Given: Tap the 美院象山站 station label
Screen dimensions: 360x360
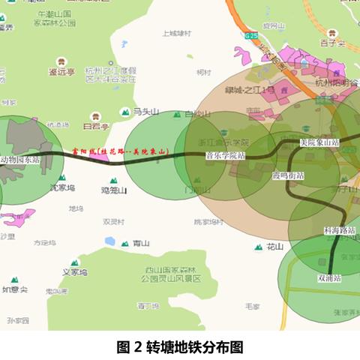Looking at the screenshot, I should (319, 142).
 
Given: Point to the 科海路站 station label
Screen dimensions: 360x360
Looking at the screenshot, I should (340, 230).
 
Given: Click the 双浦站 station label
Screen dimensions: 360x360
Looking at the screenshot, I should (329, 277).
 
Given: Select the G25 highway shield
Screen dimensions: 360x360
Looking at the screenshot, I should (250, 34).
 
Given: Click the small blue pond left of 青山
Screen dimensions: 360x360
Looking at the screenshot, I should (110, 241).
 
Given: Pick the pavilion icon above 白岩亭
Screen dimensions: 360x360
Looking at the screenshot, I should (95, 116).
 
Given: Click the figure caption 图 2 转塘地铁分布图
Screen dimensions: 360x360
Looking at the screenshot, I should (180, 347).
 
